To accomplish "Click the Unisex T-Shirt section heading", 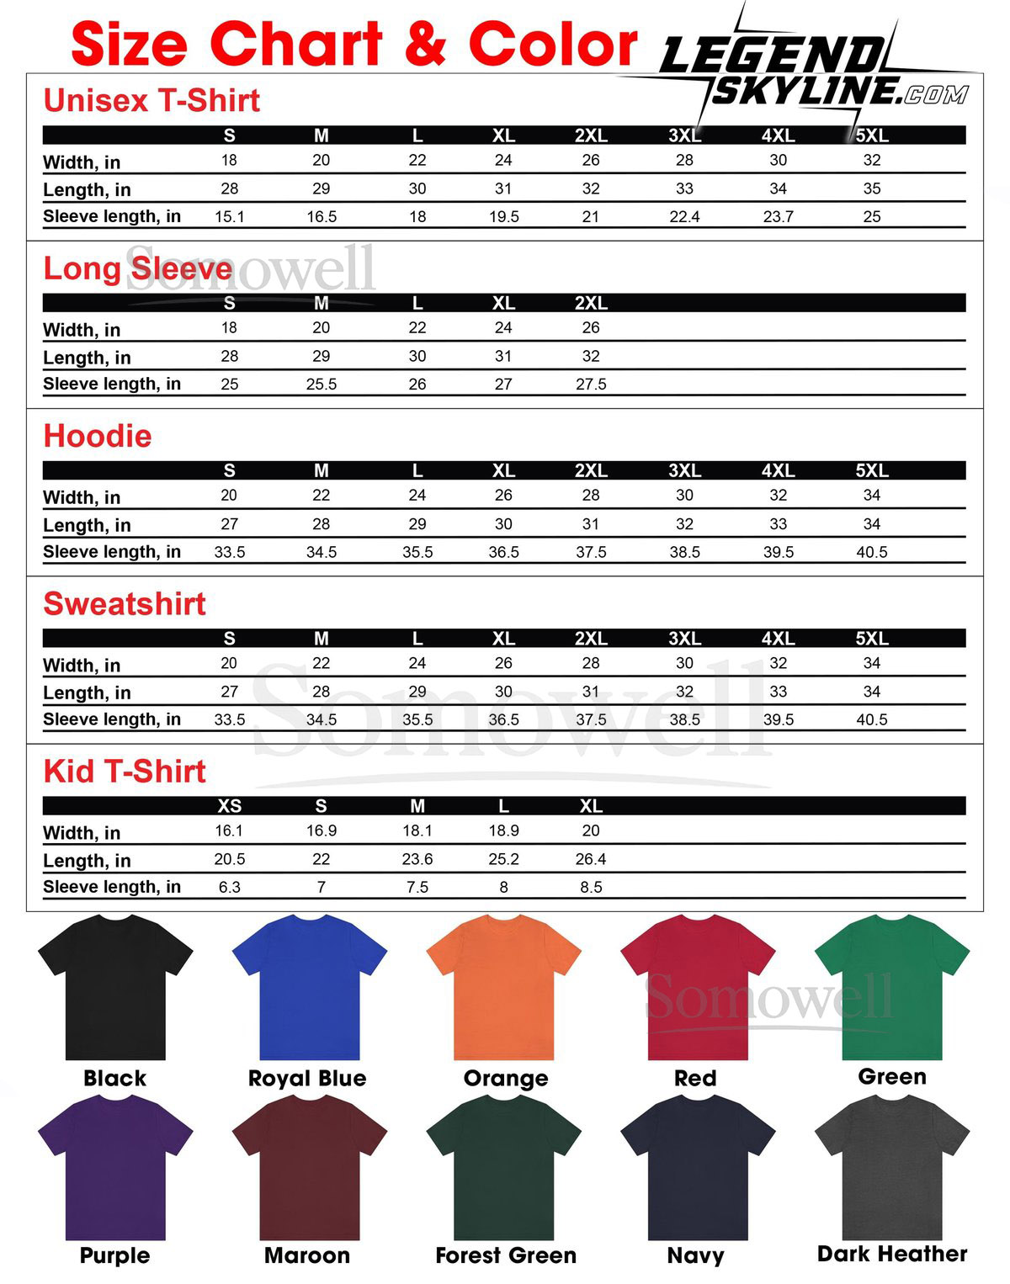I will (x=151, y=101).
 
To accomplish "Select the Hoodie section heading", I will (x=98, y=436).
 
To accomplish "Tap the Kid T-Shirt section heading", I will (x=125, y=771).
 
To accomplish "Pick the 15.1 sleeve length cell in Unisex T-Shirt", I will (x=230, y=216).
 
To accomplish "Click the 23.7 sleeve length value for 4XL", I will (x=778, y=216).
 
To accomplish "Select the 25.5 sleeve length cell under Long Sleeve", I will (x=322, y=384).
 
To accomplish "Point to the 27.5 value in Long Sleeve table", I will (x=591, y=384).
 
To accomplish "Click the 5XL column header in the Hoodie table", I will (x=872, y=470).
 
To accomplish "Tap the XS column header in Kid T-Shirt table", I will (x=230, y=806).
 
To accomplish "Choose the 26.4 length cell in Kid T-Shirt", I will (x=591, y=859).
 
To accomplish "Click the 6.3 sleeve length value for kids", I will (x=230, y=887).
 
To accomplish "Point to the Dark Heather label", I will (x=892, y=1254).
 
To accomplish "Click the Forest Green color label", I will (x=506, y=1255).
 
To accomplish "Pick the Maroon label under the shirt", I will (x=307, y=1255).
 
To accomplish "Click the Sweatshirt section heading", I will (x=125, y=603).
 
